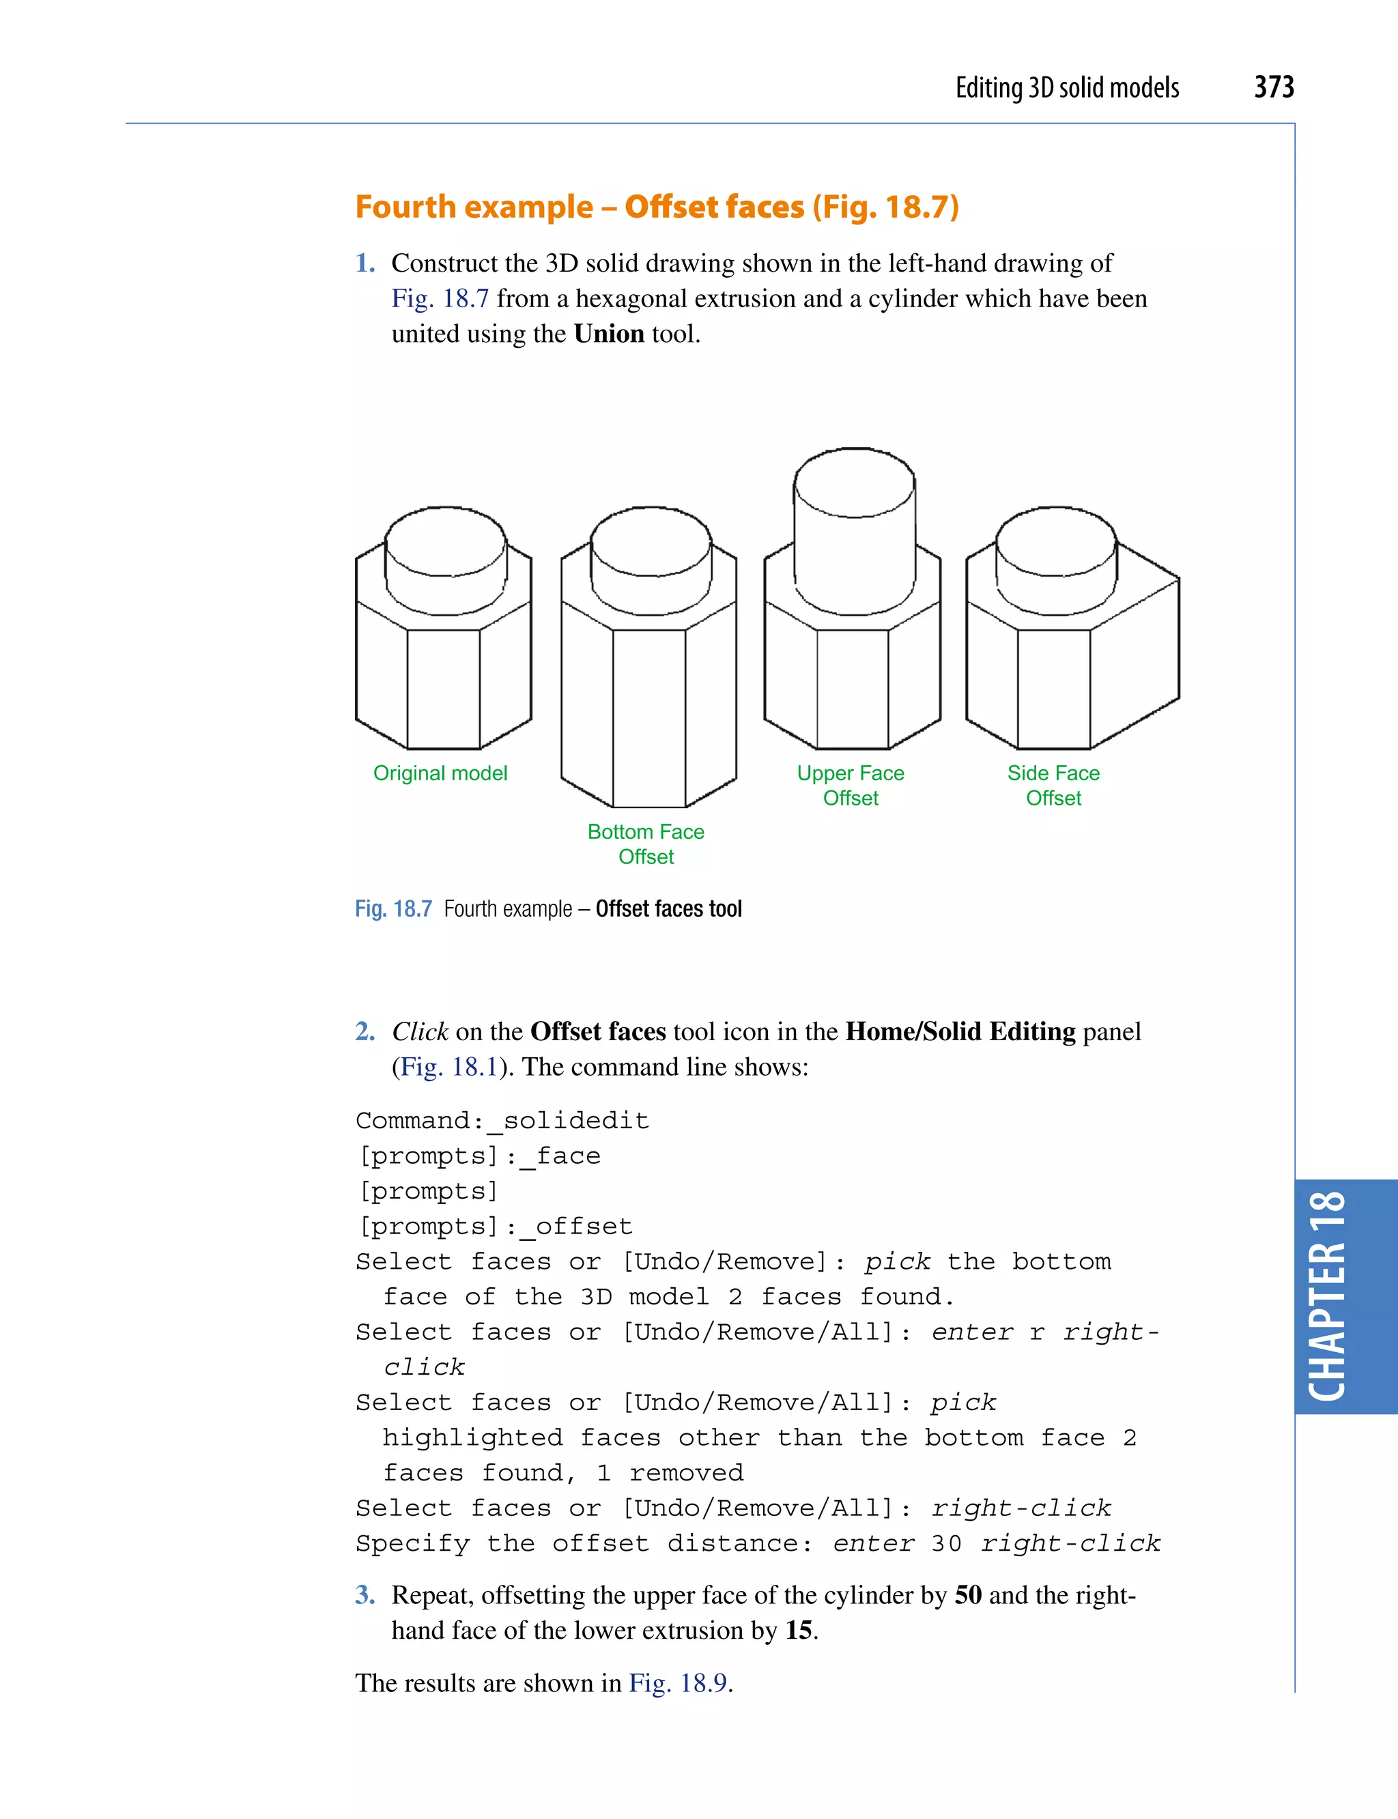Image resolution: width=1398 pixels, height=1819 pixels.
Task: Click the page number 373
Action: tap(1273, 87)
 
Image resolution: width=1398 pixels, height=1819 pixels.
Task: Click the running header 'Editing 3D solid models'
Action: tap(1067, 87)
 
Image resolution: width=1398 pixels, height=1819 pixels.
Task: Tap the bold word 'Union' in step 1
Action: tap(608, 334)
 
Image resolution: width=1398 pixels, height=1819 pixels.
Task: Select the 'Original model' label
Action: tap(440, 773)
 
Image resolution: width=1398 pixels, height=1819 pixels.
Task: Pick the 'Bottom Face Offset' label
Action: tap(646, 844)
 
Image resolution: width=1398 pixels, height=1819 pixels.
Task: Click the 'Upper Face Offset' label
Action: tap(851, 785)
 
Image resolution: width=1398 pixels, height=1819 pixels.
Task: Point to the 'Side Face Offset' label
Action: tap(1053, 785)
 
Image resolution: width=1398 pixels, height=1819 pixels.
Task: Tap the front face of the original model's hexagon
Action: tap(444, 688)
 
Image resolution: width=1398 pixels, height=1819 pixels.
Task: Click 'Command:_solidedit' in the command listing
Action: tap(502, 1120)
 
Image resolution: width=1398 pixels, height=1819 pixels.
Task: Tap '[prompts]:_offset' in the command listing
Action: tap(494, 1226)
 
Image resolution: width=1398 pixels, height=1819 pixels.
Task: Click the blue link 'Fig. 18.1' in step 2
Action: tap(448, 1067)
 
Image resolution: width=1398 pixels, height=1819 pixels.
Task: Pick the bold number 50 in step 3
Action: tap(968, 1595)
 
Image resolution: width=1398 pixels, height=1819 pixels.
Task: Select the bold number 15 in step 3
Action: tap(798, 1630)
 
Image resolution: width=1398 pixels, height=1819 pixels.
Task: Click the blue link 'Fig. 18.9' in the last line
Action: tap(679, 1682)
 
